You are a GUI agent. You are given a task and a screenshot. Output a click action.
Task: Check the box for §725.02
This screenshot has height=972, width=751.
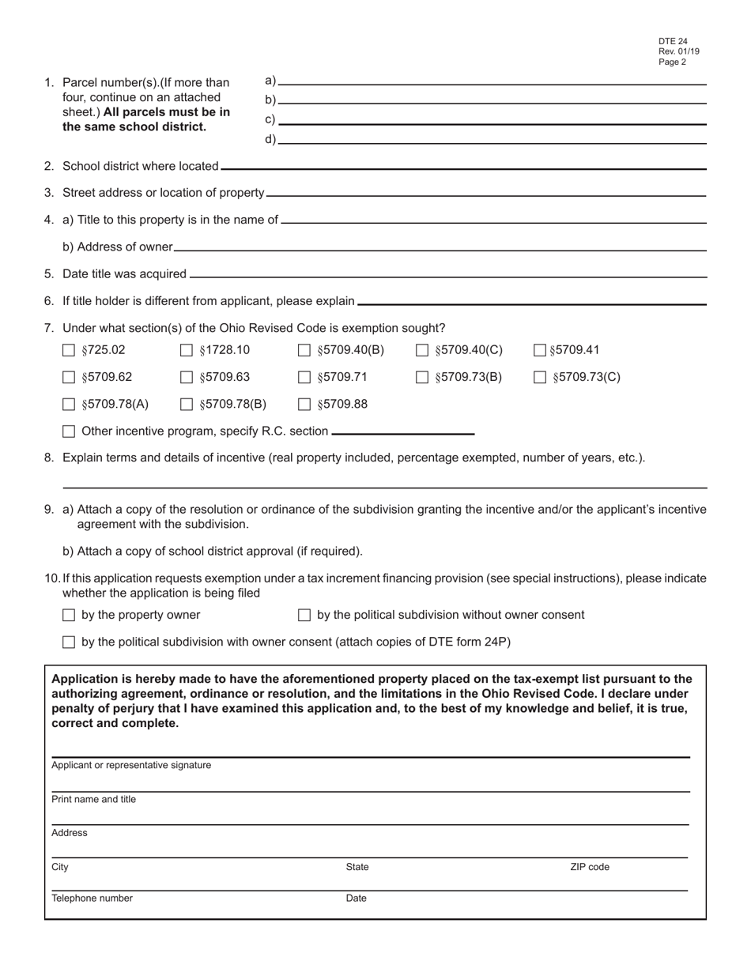(x=69, y=350)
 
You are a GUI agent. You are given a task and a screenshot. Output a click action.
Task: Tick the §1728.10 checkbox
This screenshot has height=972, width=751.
(x=187, y=350)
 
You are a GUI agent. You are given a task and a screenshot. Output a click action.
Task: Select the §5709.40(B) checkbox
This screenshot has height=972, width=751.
(x=304, y=350)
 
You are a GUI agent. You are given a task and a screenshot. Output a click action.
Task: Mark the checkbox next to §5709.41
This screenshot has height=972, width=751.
(x=540, y=350)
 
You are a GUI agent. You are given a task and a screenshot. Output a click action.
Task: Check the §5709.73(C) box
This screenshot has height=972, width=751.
(x=540, y=378)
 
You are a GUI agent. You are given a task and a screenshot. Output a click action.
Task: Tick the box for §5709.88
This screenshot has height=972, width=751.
(x=304, y=405)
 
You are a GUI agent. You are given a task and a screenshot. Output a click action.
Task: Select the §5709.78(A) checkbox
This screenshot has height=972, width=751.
(x=69, y=405)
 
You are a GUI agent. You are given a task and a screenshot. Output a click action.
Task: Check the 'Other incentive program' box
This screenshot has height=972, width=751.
(x=69, y=431)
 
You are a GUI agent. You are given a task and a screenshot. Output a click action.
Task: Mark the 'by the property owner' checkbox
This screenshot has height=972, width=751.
(x=69, y=615)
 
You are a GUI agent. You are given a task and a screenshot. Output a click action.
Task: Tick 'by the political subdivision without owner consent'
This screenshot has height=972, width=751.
(x=304, y=615)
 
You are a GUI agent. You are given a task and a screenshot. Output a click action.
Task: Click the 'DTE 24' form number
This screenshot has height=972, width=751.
(x=673, y=42)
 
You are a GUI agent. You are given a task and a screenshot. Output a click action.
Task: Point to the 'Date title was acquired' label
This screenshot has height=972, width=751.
(x=124, y=274)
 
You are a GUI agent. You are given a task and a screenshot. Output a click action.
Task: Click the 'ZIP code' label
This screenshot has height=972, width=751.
(x=590, y=867)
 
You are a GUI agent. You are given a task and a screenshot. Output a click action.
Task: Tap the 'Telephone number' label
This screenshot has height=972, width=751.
(x=92, y=899)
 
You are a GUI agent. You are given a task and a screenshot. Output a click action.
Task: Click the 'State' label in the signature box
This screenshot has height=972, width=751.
(x=357, y=867)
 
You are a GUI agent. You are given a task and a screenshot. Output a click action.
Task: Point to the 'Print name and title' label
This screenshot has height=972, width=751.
(x=94, y=800)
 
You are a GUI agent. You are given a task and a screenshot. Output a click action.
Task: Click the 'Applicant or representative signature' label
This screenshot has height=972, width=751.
(x=131, y=765)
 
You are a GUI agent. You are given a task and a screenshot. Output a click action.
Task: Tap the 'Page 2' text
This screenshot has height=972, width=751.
(x=672, y=62)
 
